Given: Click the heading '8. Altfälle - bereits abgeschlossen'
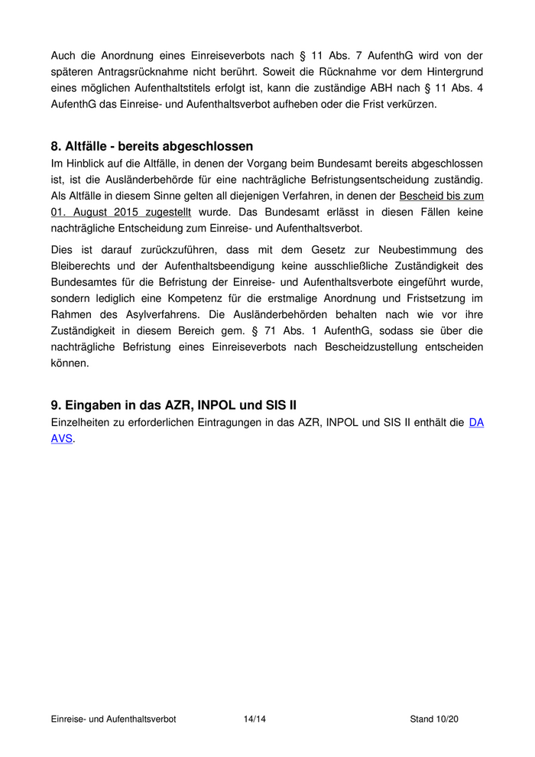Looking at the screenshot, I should click(151, 146).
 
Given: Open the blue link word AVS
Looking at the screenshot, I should click(61, 439).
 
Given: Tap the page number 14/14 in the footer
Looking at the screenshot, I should click(255, 719).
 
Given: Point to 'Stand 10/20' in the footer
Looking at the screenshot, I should click(434, 719).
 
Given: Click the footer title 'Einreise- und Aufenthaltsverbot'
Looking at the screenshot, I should click(113, 719).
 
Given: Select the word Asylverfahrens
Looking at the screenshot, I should click(148, 314).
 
